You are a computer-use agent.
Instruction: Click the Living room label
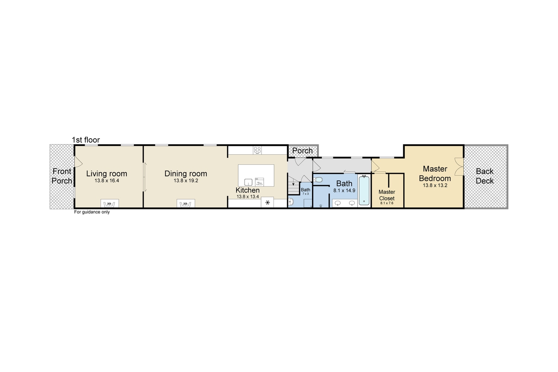pos(107,174)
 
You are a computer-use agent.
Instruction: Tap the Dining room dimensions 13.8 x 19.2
pos(186,181)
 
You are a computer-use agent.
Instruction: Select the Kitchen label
pos(248,190)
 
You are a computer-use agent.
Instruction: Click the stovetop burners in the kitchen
pos(257,150)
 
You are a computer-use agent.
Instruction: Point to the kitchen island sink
pos(248,182)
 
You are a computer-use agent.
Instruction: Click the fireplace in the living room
pos(110,203)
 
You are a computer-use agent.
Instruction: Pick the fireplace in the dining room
pos(186,203)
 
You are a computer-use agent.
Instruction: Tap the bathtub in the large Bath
pos(364,190)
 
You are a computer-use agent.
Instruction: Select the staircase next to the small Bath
pos(294,185)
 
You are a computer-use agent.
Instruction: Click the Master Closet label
pos(387,195)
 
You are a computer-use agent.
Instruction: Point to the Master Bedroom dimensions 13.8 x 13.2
pos(435,185)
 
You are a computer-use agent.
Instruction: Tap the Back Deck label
pos(485,176)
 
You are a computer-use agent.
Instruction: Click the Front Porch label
pos(62,176)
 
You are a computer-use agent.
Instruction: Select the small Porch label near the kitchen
pos(302,151)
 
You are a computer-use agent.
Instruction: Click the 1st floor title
pos(86,140)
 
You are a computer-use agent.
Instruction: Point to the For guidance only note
pos(92,212)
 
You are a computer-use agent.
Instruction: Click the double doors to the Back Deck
pos(459,166)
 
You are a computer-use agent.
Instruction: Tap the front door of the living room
pos(78,162)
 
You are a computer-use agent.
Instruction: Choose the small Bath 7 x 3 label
pos(306,191)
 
